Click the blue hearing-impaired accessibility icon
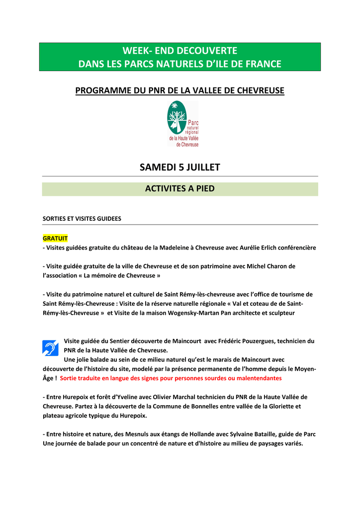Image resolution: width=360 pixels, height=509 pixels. click(x=50, y=347)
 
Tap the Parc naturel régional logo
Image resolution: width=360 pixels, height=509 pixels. click(x=182, y=124)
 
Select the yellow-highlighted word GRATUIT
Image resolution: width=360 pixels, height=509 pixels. click(x=55, y=238)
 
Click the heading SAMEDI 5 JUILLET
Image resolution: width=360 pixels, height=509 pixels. click(x=180, y=168)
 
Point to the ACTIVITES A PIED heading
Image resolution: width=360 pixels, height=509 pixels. click(x=180, y=189)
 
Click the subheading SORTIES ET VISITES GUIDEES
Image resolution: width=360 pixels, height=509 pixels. click(x=82, y=218)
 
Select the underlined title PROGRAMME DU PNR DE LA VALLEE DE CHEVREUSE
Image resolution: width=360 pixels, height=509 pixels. click(x=180, y=90)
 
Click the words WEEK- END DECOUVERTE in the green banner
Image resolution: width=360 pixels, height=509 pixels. click(x=180, y=51)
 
